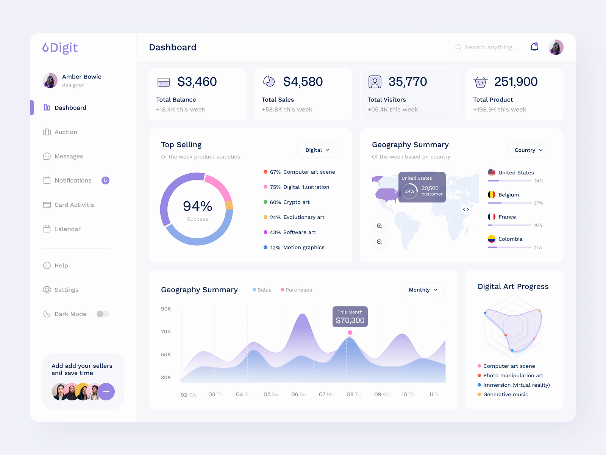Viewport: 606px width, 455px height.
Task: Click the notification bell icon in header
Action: click(x=534, y=47)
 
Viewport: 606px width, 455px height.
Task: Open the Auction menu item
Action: click(x=66, y=132)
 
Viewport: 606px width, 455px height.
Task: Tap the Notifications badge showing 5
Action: click(x=105, y=180)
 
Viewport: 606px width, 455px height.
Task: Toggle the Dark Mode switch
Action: click(x=103, y=314)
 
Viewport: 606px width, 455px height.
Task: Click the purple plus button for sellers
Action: click(x=106, y=392)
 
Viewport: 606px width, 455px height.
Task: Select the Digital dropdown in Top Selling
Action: click(x=317, y=150)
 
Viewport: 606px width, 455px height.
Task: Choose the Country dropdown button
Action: click(x=529, y=150)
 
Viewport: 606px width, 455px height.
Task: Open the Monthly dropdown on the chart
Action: click(x=423, y=290)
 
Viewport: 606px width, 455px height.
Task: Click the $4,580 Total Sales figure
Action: click(x=303, y=82)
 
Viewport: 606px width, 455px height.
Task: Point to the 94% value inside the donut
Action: click(x=197, y=206)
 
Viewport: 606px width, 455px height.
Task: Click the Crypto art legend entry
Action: click(x=296, y=202)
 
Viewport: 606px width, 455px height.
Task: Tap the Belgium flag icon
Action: click(x=492, y=195)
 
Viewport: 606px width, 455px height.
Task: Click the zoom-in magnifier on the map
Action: click(x=380, y=226)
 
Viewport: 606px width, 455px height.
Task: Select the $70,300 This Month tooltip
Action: click(x=350, y=317)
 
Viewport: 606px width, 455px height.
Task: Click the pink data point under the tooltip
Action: click(x=350, y=333)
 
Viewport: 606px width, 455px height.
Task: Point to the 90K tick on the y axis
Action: click(x=166, y=309)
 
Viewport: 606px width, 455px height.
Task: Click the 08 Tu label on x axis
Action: click(x=353, y=394)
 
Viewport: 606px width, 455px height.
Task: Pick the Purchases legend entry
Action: click(x=298, y=290)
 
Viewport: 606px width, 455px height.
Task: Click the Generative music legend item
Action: click(x=505, y=394)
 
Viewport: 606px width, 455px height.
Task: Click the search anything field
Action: click(x=490, y=47)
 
